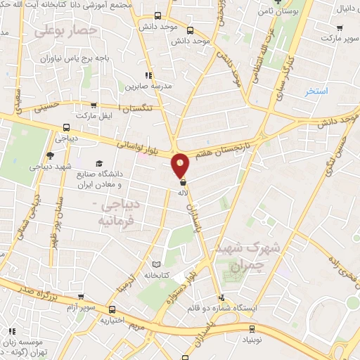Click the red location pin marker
[181, 166]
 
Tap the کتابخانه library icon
[156, 266]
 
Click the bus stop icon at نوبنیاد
[253, 328]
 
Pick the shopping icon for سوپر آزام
[82, 298]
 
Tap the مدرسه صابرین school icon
[147, 75]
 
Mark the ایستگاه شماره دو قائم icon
[223, 297]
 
